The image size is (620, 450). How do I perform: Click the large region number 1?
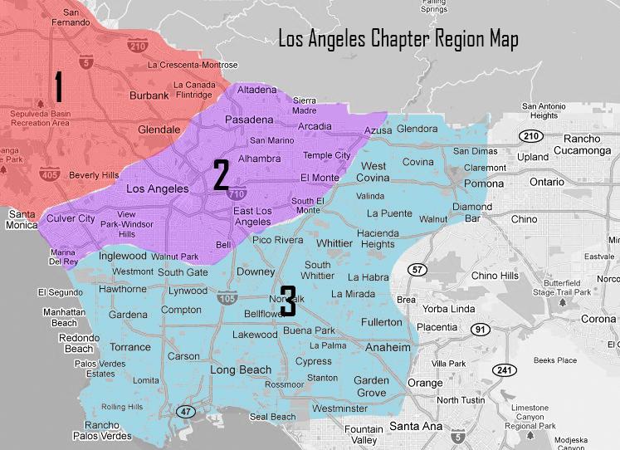[x=58, y=88]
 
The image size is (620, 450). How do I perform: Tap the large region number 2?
[x=221, y=175]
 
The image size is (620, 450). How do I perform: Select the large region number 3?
[x=287, y=301]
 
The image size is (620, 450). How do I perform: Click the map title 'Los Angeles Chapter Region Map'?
[x=398, y=38]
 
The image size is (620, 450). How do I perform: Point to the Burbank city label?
[x=149, y=95]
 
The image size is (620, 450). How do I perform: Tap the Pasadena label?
[x=249, y=120]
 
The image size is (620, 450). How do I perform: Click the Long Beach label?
[x=241, y=369]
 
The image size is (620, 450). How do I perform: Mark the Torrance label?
[x=130, y=347]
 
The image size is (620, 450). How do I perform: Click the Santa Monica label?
[x=22, y=219]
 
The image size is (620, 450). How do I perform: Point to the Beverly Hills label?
[x=94, y=175]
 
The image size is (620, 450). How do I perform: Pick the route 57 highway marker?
[x=417, y=271]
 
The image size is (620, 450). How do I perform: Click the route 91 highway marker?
[x=480, y=330]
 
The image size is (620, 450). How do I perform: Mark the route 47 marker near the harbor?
[x=185, y=411]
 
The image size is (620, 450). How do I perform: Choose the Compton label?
[x=181, y=310]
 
